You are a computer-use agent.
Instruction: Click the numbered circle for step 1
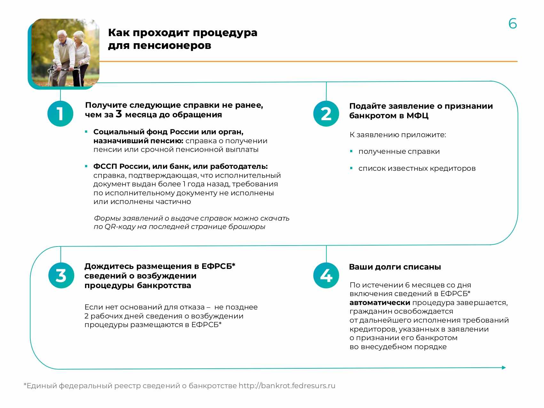[60, 114]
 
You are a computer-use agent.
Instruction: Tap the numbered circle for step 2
[326, 114]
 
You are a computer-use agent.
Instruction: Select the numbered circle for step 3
[61, 275]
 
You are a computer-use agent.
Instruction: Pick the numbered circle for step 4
[326, 275]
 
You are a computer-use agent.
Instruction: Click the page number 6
[512, 24]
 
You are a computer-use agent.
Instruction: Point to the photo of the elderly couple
[65, 53]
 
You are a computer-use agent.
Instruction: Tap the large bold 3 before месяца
[119, 114]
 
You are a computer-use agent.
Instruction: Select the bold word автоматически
[380, 302]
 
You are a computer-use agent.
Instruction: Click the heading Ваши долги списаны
[395, 267]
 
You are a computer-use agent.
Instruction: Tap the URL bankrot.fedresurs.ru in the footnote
[287, 386]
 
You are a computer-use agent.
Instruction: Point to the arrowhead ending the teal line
[504, 368]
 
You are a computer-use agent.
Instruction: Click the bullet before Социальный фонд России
[86, 132]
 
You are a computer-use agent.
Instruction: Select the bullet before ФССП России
[86, 166]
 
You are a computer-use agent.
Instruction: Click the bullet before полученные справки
[351, 151]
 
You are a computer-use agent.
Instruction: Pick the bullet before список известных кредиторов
[351, 168]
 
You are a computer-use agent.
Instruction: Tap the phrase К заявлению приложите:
[398, 135]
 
